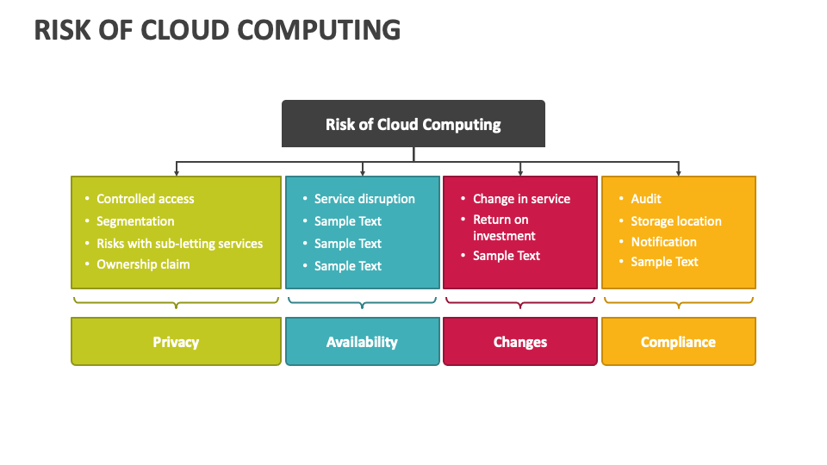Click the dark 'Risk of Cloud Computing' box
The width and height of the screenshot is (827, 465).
(413, 124)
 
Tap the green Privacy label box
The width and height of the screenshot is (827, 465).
(176, 342)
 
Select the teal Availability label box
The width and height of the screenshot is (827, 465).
(363, 342)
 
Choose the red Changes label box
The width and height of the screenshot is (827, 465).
(520, 342)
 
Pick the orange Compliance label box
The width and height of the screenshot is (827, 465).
(679, 342)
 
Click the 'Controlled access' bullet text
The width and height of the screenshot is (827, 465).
(145, 199)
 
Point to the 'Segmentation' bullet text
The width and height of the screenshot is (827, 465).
(135, 221)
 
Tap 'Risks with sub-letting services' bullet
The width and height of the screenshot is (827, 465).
(179, 244)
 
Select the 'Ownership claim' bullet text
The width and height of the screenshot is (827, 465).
(143, 264)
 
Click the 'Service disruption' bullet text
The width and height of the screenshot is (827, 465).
(364, 199)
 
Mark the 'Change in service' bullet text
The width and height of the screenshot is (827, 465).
(522, 199)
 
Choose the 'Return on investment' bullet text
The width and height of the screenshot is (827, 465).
(504, 227)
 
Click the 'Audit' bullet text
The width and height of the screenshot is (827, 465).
(646, 199)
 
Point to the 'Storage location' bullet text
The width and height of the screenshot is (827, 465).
(676, 221)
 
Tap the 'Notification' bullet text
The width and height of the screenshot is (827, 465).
(664, 242)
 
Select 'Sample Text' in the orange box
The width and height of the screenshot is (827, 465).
(664, 262)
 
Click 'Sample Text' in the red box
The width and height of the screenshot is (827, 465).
(507, 256)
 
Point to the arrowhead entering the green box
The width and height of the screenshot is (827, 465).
(176, 172)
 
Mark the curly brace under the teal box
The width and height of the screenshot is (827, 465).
(363, 302)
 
